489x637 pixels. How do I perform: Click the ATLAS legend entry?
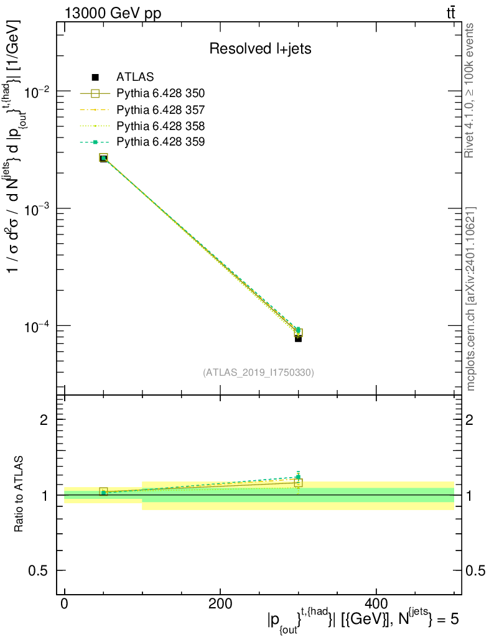[135, 77]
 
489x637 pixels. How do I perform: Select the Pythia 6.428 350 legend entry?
[161, 93]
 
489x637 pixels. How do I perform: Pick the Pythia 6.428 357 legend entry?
[161, 109]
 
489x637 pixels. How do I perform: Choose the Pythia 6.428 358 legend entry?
[161, 126]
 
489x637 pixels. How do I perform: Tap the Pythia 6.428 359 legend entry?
[161, 142]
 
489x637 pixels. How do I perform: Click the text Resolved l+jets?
[260, 49]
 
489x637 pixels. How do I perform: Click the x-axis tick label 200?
[220, 603]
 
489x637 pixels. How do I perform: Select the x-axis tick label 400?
[376, 603]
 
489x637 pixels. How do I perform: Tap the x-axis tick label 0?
[65, 603]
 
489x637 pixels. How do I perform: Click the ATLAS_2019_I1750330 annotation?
[258, 373]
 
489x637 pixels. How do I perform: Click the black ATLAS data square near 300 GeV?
[299, 339]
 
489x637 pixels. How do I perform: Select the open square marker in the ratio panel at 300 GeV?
[299, 483]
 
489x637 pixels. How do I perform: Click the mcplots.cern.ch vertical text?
[471, 299]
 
